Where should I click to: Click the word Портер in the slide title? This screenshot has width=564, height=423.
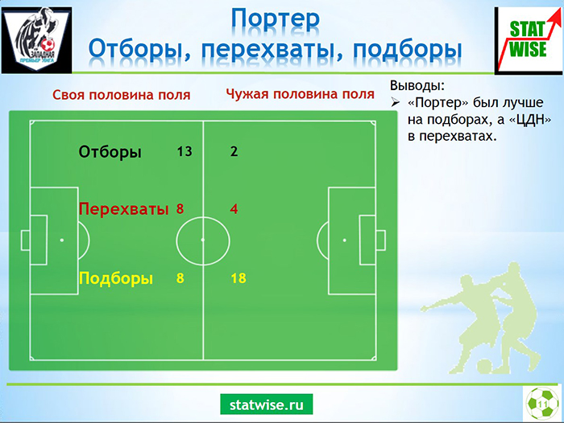click(x=276, y=20)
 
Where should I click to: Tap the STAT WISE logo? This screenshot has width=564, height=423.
click(x=529, y=40)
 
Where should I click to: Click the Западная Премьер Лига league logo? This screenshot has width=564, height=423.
click(x=37, y=40)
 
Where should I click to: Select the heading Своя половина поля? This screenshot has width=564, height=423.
click(x=121, y=95)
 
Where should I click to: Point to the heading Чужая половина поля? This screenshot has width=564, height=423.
click(x=301, y=94)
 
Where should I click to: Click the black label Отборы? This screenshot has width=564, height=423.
click(x=110, y=152)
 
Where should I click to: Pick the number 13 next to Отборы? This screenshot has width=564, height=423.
click(x=185, y=151)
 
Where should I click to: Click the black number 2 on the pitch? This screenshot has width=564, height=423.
click(x=234, y=151)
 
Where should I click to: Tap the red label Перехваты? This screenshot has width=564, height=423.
click(x=124, y=208)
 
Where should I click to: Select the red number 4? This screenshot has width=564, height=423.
click(x=234, y=208)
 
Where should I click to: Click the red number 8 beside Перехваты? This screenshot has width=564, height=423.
click(x=180, y=208)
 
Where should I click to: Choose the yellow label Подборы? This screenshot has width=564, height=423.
click(x=116, y=278)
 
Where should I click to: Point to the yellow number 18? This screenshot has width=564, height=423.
click(x=238, y=278)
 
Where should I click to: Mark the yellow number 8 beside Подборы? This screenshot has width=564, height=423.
click(x=180, y=278)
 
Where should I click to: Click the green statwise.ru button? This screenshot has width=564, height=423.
click(x=267, y=405)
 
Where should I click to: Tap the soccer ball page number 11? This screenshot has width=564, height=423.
click(x=542, y=404)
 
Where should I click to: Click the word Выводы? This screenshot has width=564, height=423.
click(x=417, y=86)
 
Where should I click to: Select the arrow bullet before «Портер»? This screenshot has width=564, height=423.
click(x=396, y=103)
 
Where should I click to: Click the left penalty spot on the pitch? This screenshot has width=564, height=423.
click(x=62, y=240)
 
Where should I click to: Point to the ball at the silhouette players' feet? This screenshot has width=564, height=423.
click(x=485, y=366)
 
